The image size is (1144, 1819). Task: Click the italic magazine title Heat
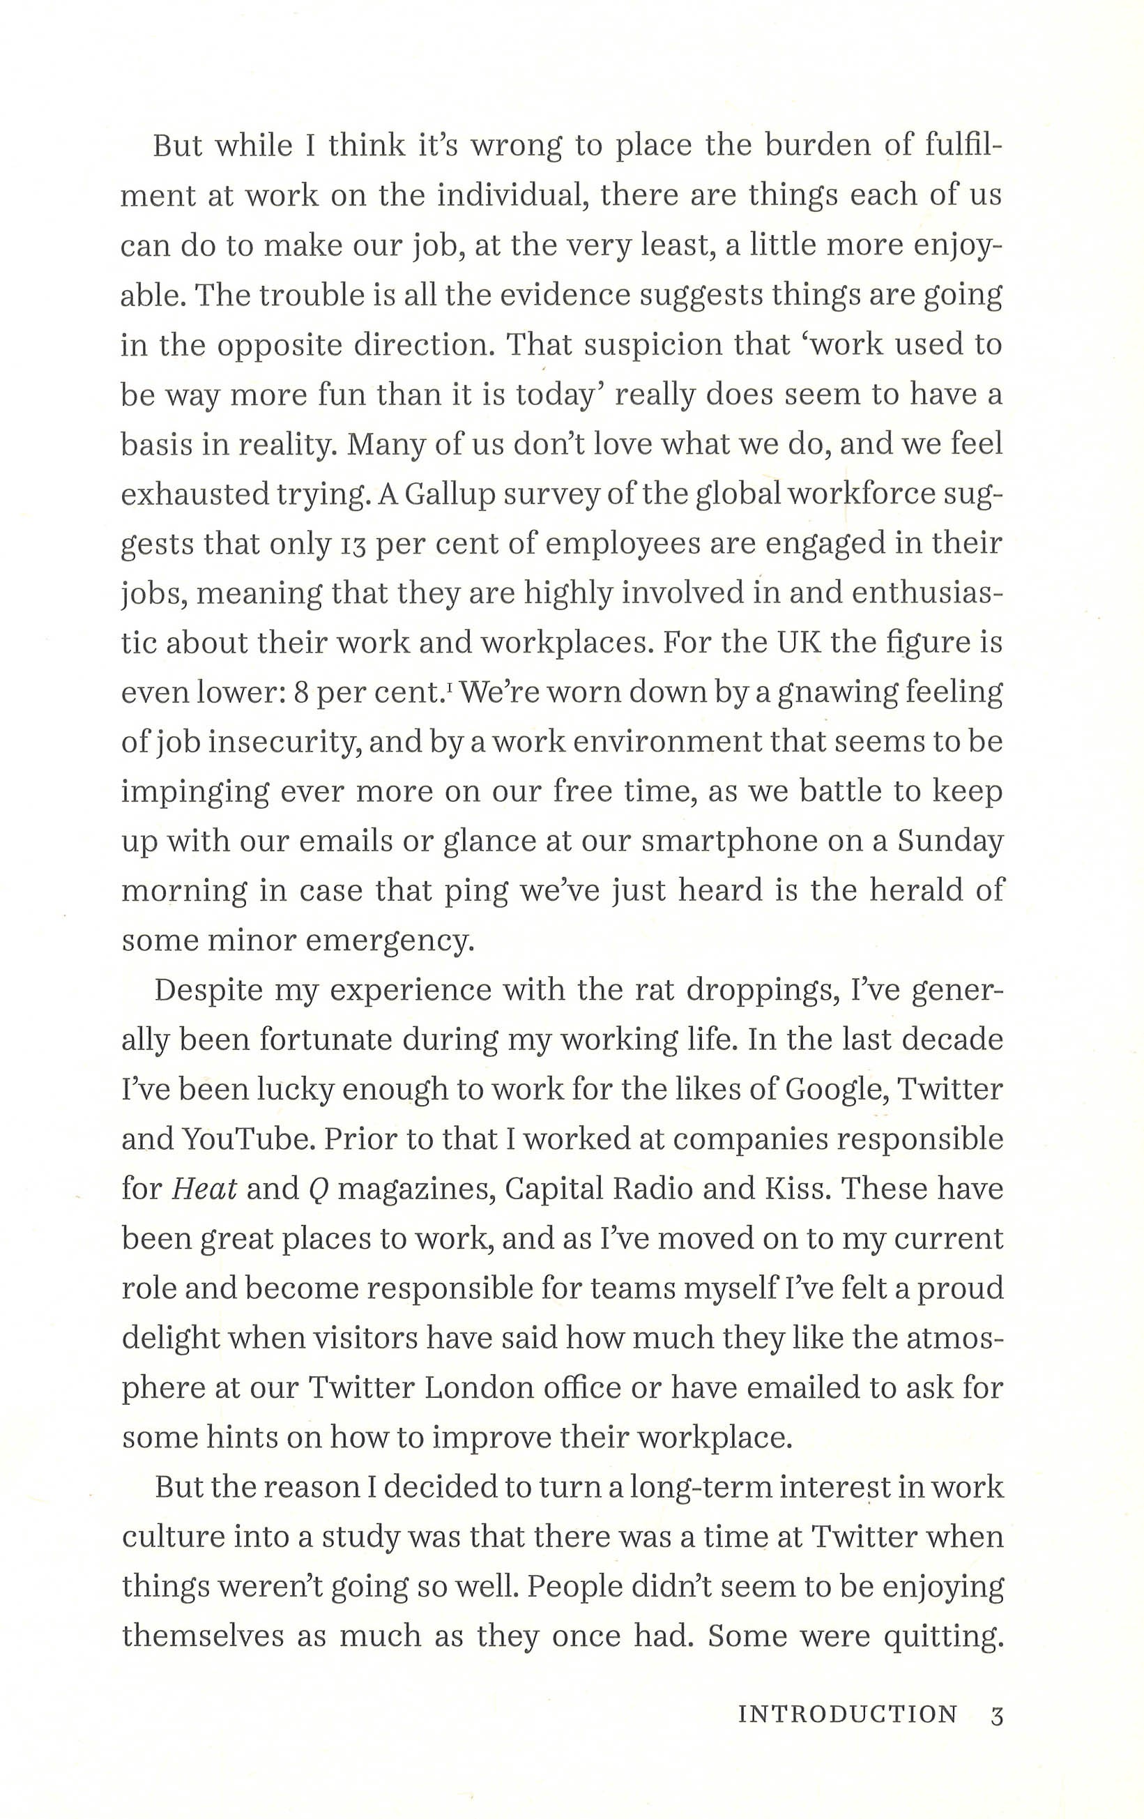tap(204, 1189)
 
